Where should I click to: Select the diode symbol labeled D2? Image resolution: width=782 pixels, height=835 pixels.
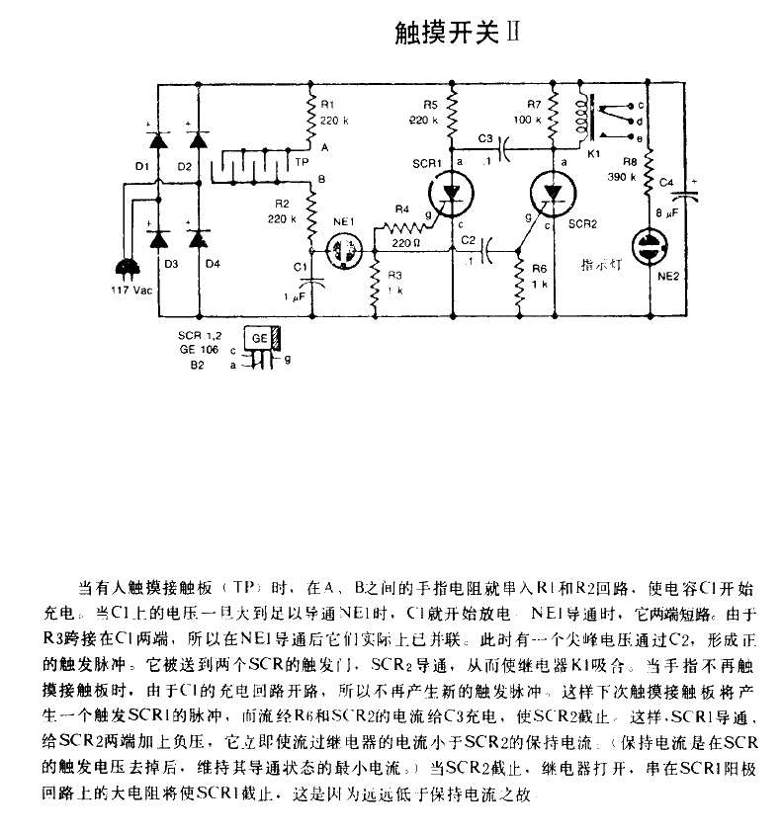pos(198,138)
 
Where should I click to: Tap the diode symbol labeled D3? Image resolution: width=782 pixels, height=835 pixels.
pos(154,238)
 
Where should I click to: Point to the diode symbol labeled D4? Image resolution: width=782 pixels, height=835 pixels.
pos(199,238)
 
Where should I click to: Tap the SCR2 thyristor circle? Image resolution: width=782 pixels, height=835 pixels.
pos(554,192)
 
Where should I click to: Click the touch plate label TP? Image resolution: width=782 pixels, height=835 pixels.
pos(302,161)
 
